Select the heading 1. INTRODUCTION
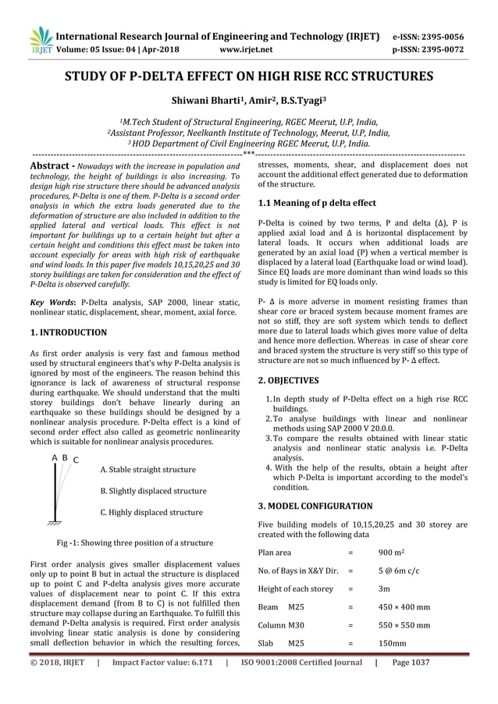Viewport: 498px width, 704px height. pyautogui.click(x=68, y=332)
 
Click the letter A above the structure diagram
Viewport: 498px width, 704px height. pyautogui.click(x=54, y=457)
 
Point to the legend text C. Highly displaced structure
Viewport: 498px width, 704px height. pyautogui.click(x=151, y=513)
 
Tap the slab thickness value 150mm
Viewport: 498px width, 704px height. pyautogui.click(x=392, y=644)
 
